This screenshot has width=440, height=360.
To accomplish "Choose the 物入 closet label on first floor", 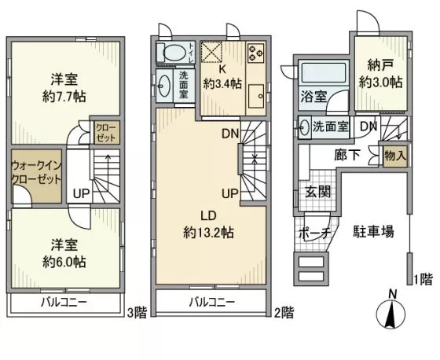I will (x=395, y=156).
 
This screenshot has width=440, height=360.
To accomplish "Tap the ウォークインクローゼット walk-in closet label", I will (x=36, y=173).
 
